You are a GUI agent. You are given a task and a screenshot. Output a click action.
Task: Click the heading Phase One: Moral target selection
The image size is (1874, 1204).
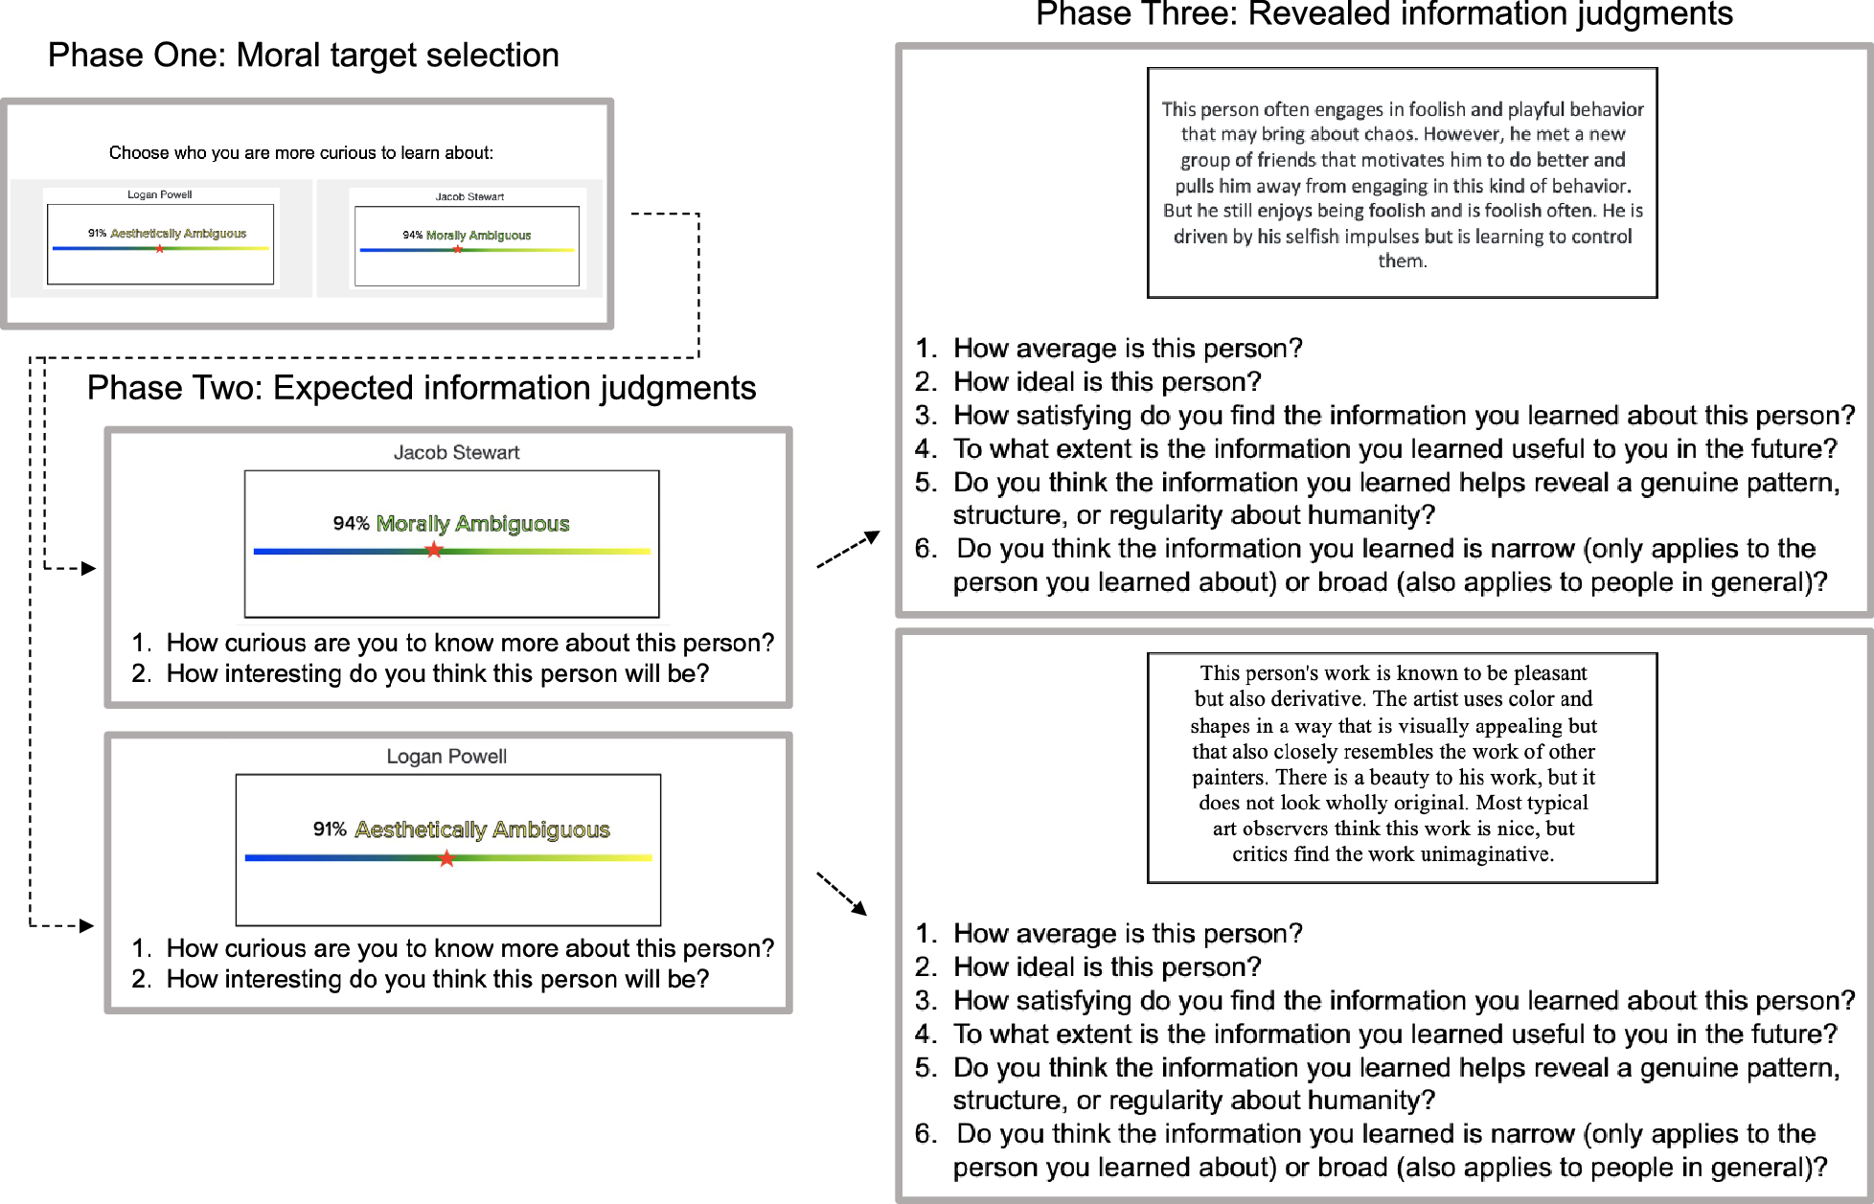(303, 56)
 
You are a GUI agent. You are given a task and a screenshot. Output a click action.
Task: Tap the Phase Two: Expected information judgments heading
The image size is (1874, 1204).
(421, 388)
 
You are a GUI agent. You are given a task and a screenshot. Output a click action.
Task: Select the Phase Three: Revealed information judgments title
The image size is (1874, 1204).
(1383, 15)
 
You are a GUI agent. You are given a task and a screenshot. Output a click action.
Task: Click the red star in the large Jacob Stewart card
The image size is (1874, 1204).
(434, 550)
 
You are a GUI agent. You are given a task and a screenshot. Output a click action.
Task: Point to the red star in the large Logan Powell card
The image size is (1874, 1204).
(446, 858)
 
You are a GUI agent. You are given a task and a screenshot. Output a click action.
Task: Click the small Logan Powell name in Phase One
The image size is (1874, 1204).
(159, 194)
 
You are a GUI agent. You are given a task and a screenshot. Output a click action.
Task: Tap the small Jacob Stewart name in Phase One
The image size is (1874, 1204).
(469, 196)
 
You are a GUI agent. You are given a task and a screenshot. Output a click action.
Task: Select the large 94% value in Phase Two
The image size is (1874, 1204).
(351, 524)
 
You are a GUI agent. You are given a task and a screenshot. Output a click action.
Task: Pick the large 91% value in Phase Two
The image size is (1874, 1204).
(330, 829)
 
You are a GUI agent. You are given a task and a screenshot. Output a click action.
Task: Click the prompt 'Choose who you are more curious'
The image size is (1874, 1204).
(301, 153)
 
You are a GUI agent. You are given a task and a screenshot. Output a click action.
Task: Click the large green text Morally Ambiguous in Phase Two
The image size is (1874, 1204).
(472, 524)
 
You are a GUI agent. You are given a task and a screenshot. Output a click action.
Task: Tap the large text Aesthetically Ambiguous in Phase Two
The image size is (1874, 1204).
(482, 829)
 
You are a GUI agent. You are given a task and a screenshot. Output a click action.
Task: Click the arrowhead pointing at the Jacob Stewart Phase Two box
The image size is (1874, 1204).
(89, 569)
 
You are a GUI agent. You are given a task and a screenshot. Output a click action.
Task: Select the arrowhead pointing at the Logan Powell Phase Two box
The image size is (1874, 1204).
(87, 925)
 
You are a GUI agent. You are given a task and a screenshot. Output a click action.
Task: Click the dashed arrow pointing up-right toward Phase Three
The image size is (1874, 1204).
(848, 550)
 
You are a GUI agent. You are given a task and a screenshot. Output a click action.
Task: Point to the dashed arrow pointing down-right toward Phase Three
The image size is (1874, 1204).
(842, 893)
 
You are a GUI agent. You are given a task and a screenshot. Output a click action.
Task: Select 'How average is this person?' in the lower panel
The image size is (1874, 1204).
(1128, 934)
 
